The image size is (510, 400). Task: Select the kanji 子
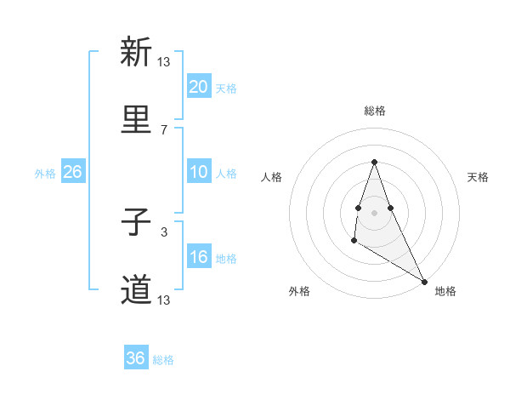pos(136,224)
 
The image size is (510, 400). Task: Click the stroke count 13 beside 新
pos(164,61)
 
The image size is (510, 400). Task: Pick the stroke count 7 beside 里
pos(164,130)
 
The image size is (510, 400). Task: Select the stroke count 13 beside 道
pos(164,300)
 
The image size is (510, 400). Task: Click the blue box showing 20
pos(199,87)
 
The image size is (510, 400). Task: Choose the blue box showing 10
pos(199,172)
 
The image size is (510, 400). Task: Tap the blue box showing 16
pos(199,257)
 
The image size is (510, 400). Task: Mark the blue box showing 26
pos(72,172)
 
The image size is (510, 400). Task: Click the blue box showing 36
pos(136,358)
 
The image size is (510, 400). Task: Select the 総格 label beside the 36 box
pos(163,360)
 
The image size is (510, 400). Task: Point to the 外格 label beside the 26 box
pos(45,174)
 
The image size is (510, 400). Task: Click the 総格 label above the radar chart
pos(375,111)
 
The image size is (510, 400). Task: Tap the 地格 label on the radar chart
pos(445,292)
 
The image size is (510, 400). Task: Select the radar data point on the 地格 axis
pos(425,281)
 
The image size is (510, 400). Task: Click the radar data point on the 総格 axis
pos(375,162)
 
